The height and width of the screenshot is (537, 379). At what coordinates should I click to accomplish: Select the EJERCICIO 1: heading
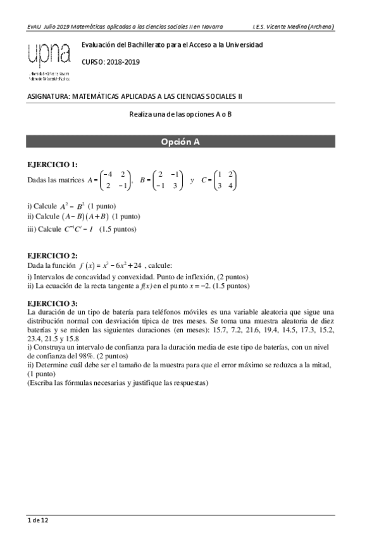pyautogui.click(x=53, y=164)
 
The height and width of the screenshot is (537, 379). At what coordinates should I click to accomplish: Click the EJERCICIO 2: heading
pyautogui.click(x=53, y=255)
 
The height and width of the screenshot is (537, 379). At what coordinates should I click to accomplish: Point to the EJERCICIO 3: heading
pyautogui.click(x=53, y=303)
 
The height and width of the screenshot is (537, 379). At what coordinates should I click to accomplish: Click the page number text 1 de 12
pyautogui.click(x=38, y=521)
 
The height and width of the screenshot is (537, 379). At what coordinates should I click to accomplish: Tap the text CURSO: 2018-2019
pyautogui.click(x=111, y=62)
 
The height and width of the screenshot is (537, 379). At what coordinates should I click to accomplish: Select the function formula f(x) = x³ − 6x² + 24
pyautogui.click(x=118, y=265)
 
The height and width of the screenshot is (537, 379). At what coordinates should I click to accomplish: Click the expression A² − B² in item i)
pyautogui.click(x=72, y=206)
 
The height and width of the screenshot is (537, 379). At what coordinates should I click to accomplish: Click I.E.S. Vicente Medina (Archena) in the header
pyautogui.click(x=293, y=27)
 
